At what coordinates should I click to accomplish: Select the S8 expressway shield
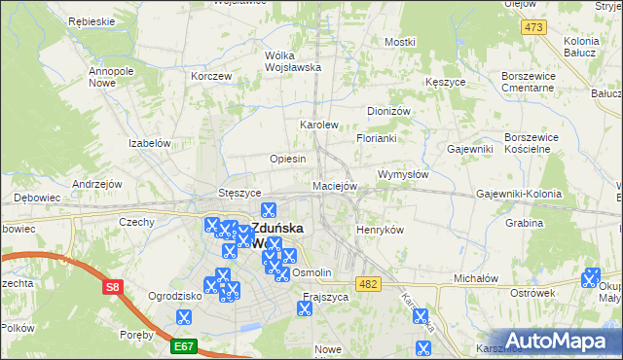pyautogui.click(x=113, y=287)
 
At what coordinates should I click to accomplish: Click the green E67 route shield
pyautogui.click(x=185, y=345)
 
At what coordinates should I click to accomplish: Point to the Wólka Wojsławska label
pyautogui.click(x=293, y=61)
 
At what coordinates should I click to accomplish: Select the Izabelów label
pyautogui.click(x=150, y=143)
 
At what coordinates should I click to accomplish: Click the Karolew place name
pyautogui.click(x=318, y=126)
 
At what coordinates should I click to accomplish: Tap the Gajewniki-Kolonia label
pyautogui.click(x=519, y=195)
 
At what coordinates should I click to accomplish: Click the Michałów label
pyautogui.click(x=476, y=278)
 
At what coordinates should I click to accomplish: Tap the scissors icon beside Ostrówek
pyautogui.click(x=589, y=279)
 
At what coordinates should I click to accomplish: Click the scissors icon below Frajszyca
pyautogui.click(x=305, y=309)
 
